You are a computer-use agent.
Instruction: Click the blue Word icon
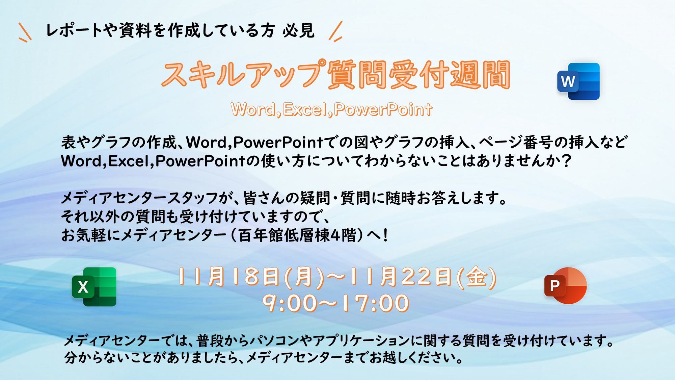[x=578, y=81]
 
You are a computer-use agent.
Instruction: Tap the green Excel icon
[x=94, y=287]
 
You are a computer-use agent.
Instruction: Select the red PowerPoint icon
[x=566, y=286]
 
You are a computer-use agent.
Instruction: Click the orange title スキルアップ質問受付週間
[x=336, y=75]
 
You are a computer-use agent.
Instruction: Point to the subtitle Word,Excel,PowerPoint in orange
[x=331, y=109]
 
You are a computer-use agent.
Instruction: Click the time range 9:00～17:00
[x=336, y=303]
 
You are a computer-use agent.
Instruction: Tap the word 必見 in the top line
[x=299, y=30]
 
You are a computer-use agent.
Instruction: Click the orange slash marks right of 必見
[x=336, y=31]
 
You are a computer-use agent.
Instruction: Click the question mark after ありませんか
[x=566, y=161]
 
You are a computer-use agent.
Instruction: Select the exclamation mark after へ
[x=385, y=235]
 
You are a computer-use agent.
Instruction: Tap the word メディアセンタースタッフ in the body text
[x=139, y=198]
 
